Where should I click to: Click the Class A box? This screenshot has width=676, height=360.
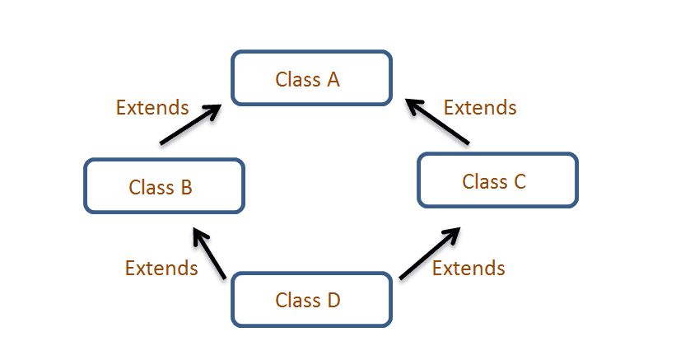click(311, 78)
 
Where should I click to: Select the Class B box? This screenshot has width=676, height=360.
click(164, 186)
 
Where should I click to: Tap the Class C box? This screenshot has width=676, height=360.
click(497, 180)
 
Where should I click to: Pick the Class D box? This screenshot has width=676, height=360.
click(311, 299)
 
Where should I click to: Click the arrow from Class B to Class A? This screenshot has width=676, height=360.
click(190, 124)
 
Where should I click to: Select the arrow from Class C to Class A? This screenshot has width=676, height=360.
click(436, 121)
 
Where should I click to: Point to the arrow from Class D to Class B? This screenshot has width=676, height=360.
click(209, 253)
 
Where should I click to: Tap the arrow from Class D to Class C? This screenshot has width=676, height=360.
click(430, 253)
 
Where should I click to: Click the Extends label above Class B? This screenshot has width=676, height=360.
click(152, 107)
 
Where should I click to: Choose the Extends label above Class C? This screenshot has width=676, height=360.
click(480, 107)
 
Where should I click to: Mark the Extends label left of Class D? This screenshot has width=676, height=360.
click(161, 269)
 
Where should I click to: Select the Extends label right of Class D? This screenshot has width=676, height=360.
click(469, 269)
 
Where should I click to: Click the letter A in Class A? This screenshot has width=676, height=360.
click(333, 80)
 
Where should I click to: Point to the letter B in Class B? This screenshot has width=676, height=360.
click(186, 188)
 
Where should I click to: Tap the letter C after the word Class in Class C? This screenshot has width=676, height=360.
click(520, 181)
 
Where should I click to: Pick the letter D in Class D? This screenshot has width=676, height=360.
click(333, 301)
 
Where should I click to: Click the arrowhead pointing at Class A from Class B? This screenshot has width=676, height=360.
click(213, 111)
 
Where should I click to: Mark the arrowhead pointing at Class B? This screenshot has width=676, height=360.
click(199, 236)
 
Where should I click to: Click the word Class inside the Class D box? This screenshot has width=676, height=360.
click(298, 301)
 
